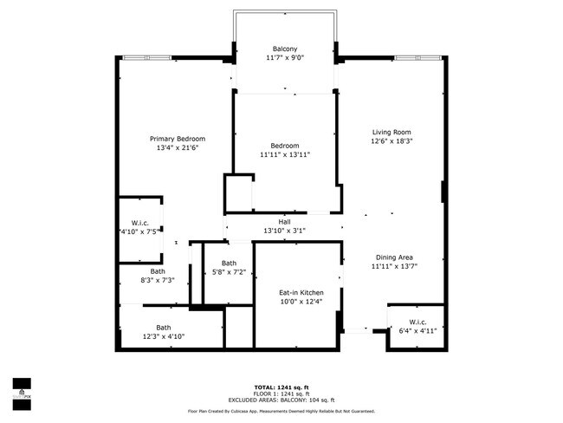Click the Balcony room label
(285, 49)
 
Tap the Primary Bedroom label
(177, 139)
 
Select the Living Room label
(392, 132)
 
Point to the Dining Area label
(393, 257)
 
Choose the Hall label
(284, 222)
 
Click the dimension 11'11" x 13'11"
(285, 154)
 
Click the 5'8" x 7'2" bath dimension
(229, 272)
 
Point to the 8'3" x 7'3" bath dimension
(157, 280)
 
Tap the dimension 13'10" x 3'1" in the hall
(284, 231)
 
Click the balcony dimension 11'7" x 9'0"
(285, 58)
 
